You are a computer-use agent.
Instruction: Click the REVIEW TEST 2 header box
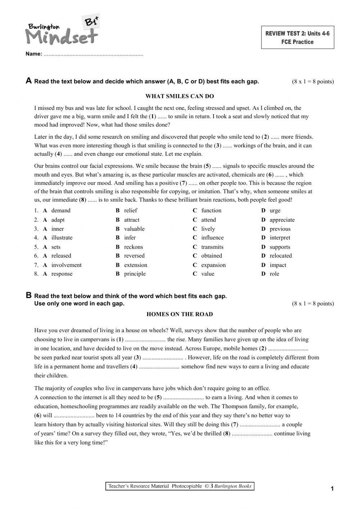[x=297, y=37]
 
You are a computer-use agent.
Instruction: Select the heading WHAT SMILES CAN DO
[x=180, y=96]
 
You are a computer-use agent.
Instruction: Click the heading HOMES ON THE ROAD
[x=180, y=314]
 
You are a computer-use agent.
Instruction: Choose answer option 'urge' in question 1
[x=275, y=211]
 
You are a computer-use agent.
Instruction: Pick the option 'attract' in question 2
[x=131, y=220]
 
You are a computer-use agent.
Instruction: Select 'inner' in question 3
[x=57, y=229]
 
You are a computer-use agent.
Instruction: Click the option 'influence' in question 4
[x=212, y=238]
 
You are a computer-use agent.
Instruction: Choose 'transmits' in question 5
[x=212, y=247]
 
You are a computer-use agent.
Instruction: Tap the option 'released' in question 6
[x=61, y=256]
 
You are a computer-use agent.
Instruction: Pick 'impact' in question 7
[x=278, y=265]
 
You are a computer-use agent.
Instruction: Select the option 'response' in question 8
[x=62, y=274]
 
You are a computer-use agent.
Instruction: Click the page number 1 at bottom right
[x=332, y=488]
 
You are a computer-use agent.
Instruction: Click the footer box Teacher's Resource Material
[x=180, y=486]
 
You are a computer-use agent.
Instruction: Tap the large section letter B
[x=29, y=295]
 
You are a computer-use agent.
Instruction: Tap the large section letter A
[x=29, y=81]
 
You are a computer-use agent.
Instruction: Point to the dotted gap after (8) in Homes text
[x=252, y=434]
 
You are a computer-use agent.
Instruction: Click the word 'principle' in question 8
[x=135, y=274]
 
